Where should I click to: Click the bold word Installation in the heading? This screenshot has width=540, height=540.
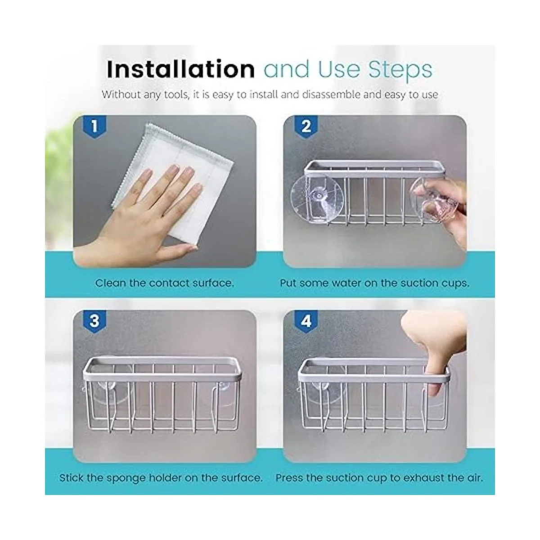pyautogui.click(x=181, y=69)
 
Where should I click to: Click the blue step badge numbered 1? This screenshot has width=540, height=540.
pyautogui.click(x=94, y=126)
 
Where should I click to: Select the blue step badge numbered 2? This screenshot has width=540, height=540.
pyautogui.click(x=306, y=126)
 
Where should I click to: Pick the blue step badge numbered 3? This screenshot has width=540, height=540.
pyautogui.click(x=94, y=321)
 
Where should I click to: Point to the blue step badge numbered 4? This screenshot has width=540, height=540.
pyautogui.click(x=306, y=321)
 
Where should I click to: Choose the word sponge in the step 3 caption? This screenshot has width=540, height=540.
pyautogui.click(x=127, y=478)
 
